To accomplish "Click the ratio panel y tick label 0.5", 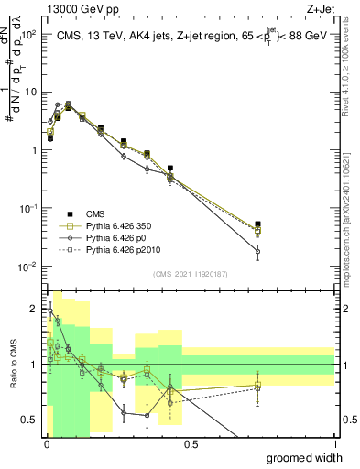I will [30, 420].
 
